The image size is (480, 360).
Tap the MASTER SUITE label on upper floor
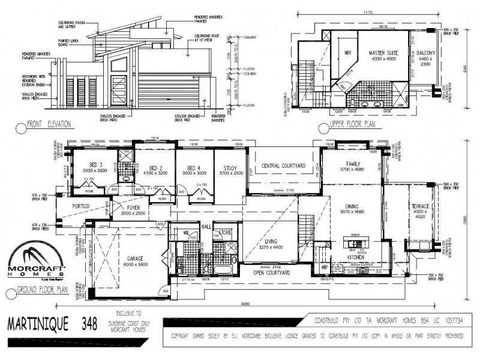click(x=383, y=53)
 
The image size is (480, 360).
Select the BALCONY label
click(x=419, y=53)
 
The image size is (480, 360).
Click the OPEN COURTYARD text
click(x=272, y=272)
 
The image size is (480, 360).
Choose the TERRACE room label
click(x=420, y=206)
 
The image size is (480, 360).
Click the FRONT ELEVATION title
click(x=49, y=125)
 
